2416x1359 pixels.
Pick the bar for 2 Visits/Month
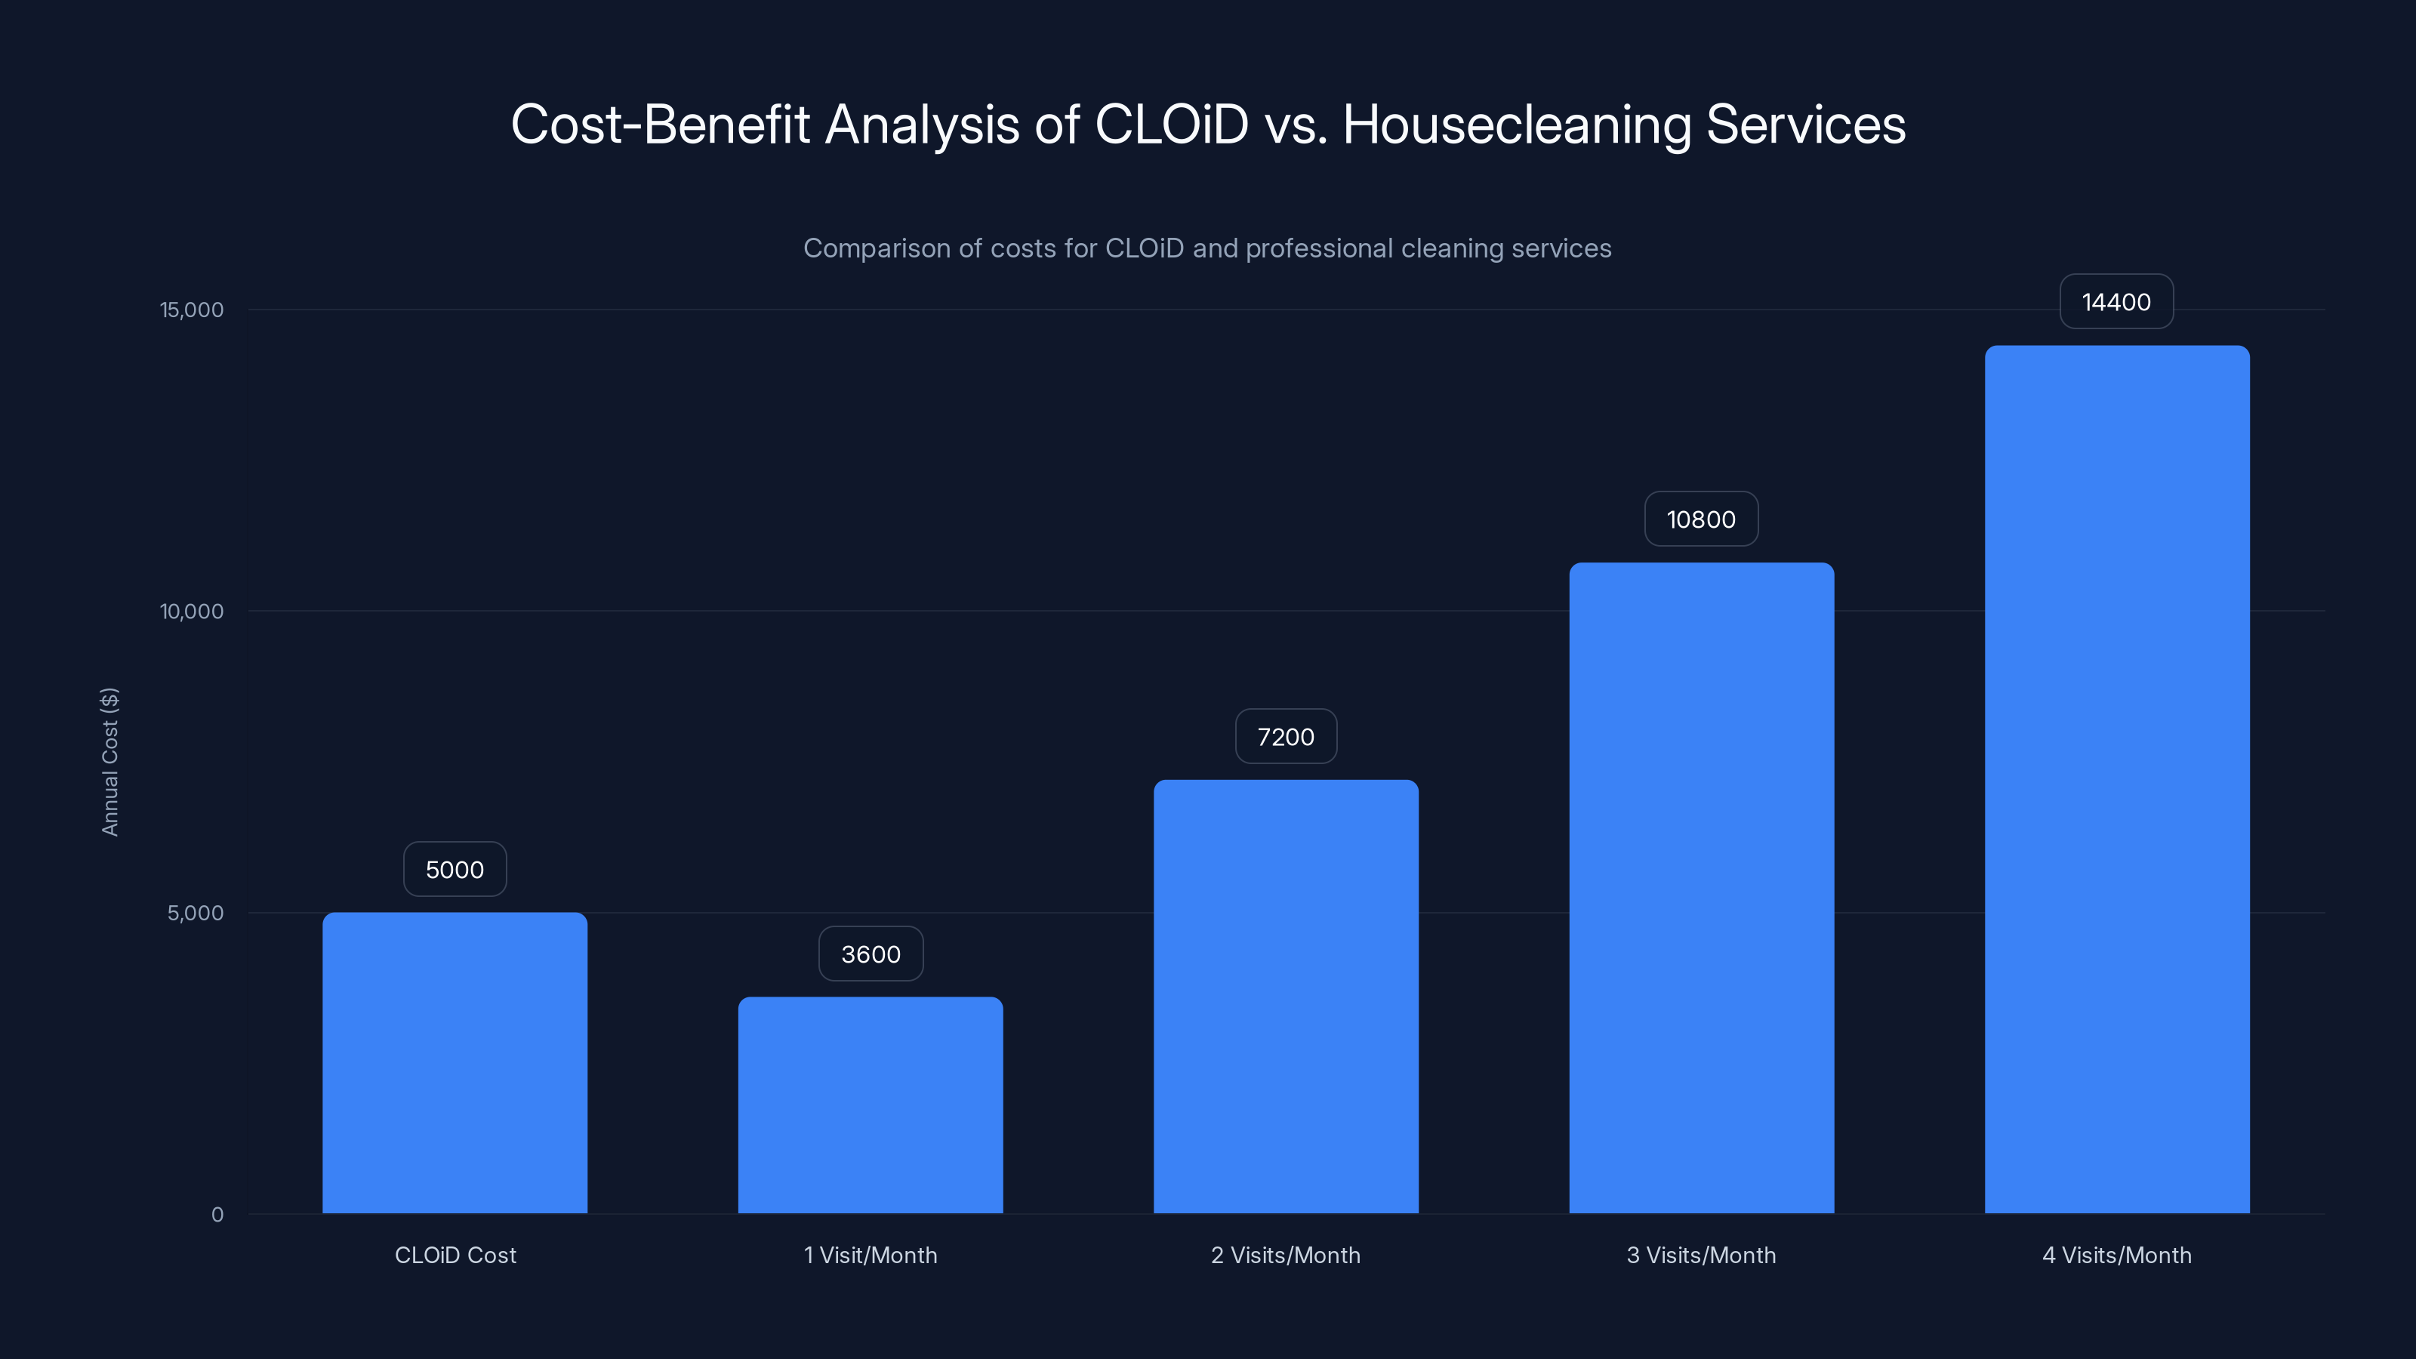coord(1286,996)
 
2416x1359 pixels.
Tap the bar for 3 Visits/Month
coord(1701,887)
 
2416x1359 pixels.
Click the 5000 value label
coord(455,870)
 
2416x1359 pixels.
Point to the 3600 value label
coord(871,954)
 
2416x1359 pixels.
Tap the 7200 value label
coord(1286,736)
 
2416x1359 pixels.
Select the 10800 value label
coord(1701,519)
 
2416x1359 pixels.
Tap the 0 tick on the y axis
coord(217,1215)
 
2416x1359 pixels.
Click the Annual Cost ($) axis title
coord(109,762)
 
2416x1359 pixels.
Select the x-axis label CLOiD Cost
coord(455,1255)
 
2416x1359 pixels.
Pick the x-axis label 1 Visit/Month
coord(871,1255)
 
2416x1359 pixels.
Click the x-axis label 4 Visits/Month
coord(2117,1255)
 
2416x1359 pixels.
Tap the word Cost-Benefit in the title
coord(659,125)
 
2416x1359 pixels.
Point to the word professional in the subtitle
coord(1319,248)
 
